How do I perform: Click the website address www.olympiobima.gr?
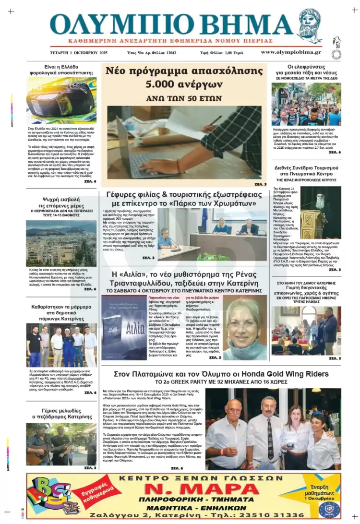(291, 52)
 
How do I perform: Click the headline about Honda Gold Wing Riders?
(221, 374)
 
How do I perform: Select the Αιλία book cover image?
(123, 327)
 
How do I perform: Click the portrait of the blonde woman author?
(245, 330)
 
